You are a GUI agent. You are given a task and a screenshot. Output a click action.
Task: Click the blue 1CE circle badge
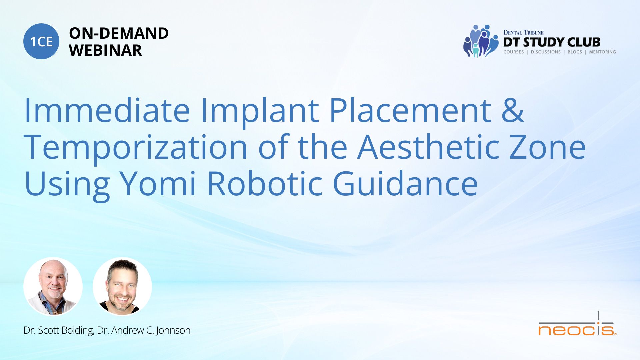[41, 41]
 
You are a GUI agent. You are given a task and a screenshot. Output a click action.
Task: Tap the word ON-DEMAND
[119, 33]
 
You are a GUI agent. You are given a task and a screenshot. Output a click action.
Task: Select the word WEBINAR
[105, 50]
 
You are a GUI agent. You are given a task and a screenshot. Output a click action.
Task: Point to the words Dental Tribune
[523, 32]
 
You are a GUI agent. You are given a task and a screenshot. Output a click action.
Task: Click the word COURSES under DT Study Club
[514, 52]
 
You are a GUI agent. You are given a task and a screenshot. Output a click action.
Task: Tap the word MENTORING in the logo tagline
[602, 52]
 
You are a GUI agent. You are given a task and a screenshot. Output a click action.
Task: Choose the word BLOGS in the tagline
[575, 52]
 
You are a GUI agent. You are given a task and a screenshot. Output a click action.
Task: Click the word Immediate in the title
[107, 110]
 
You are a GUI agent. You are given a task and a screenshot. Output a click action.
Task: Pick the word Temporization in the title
[136, 147]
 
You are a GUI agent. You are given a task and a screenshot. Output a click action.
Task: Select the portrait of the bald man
[53, 287]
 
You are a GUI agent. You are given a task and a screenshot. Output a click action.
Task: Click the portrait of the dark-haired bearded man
[122, 287]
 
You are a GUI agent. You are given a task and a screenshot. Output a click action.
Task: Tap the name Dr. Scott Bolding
[59, 330]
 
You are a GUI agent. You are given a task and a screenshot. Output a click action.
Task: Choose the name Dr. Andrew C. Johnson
[144, 330]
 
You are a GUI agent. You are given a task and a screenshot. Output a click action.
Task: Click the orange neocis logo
[577, 324]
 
